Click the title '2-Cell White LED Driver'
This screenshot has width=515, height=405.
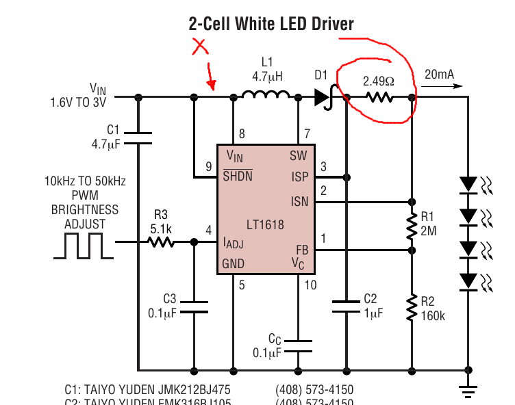tap(271, 24)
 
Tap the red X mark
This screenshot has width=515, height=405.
tap(200, 47)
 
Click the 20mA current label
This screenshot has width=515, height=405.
tap(438, 74)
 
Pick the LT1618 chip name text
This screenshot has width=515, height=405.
tap(266, 224)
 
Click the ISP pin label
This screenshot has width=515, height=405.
tap(299, 177)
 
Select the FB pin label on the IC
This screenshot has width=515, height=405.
tap(301, 250)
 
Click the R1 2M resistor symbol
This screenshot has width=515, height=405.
tap(412, 226)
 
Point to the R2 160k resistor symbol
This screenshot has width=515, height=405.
tap(412, 307)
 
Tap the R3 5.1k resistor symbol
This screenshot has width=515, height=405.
tap(161, 241)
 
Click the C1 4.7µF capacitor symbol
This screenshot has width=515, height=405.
tap(139, 138)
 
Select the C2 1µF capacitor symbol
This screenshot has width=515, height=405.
tap(347, 304)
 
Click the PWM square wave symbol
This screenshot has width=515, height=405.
tap(83, 246)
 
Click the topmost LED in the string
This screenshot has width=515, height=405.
tap(468, 184)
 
